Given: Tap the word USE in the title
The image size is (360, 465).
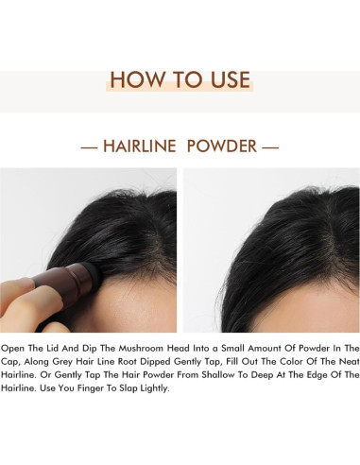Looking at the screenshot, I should coord(225,78).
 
